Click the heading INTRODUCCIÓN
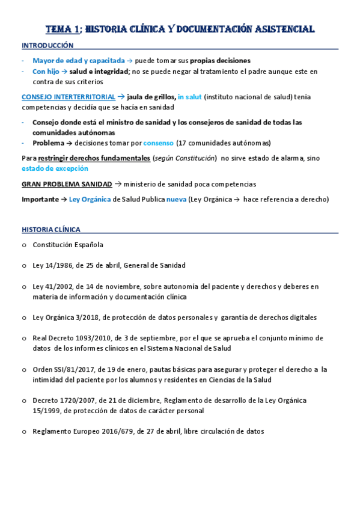[47, 46]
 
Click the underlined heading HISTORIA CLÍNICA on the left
[51, 229]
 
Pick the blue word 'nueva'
[176, 199]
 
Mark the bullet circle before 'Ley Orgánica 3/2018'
[23, 318]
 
